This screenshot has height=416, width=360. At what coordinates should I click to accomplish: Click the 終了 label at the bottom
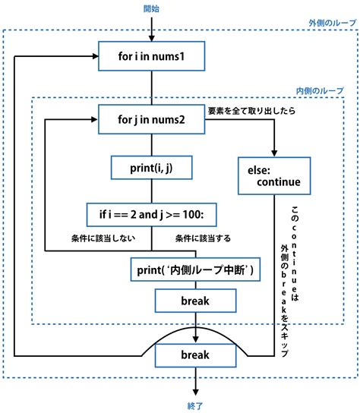196,406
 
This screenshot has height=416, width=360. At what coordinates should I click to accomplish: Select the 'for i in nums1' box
152,55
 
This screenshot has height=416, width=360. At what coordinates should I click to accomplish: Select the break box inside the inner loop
194,301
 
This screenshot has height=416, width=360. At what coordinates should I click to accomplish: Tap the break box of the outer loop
194,355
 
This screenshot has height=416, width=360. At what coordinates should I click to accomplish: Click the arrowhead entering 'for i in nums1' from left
95,55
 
